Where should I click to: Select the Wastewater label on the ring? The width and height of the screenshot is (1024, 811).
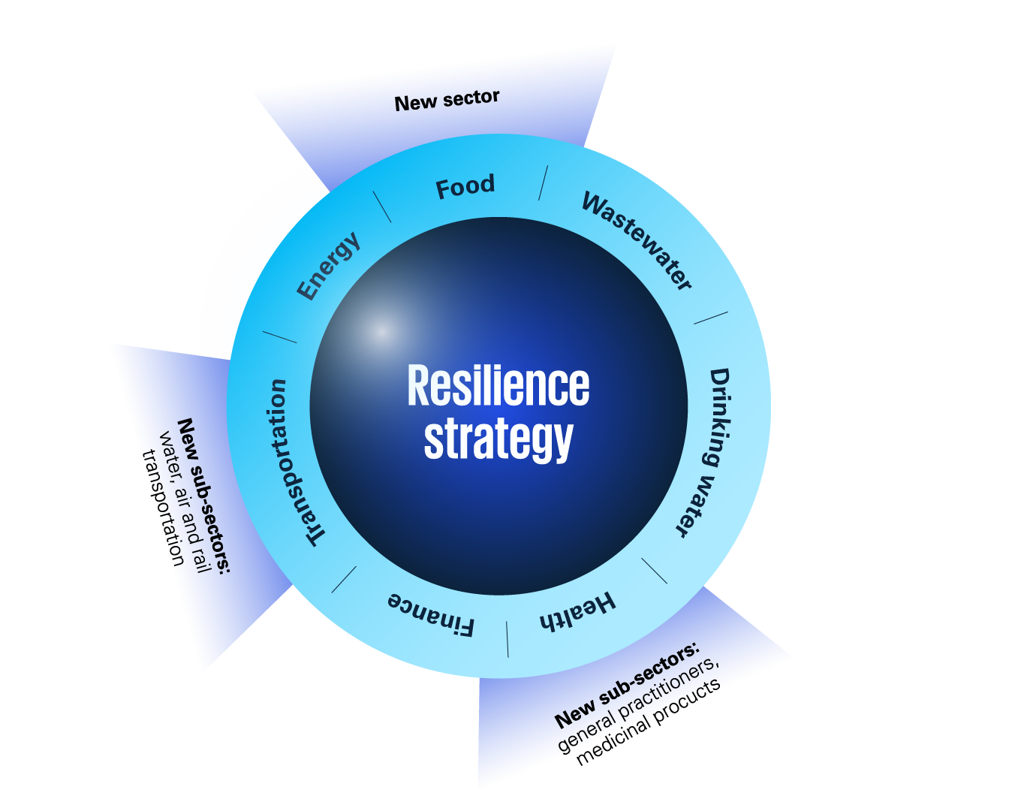[637, 241]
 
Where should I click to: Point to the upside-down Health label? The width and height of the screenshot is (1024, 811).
[577, 611]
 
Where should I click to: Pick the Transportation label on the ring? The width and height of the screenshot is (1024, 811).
[295, 463]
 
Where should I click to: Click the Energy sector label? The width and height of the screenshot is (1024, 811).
[329, 266]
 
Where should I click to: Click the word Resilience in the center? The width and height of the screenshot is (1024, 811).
[498, 386]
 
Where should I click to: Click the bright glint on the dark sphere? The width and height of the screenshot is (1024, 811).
[382, 330]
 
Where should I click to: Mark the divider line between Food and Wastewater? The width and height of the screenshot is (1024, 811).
[543, 182]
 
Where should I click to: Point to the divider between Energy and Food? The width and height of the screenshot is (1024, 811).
[382, 207]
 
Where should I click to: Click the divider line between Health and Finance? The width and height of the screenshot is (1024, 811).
[507, 639]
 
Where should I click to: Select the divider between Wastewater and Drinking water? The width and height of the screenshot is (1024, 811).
[710, 318]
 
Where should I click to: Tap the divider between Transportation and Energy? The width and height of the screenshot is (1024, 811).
[279, 336]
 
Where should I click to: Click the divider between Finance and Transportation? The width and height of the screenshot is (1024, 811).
[344, 579]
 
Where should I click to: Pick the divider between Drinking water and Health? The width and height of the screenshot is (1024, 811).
[654, 571]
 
